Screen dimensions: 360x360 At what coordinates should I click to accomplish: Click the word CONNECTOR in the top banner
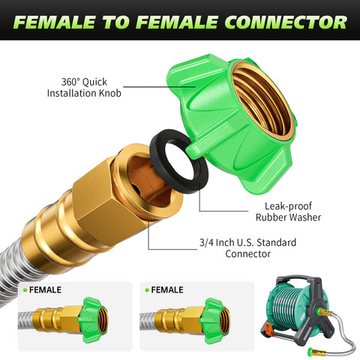(x=286, y=22)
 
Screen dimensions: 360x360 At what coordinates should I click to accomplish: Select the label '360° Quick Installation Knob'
(x=84, y=88)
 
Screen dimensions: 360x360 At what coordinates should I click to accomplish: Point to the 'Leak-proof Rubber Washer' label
(x=288, y=211)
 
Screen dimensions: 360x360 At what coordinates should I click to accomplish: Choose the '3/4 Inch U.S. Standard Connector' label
(x=247, y=248)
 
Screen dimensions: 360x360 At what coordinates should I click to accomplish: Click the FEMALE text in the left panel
(x=45, y=290)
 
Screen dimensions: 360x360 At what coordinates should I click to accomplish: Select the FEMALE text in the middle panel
(x=167, y=290)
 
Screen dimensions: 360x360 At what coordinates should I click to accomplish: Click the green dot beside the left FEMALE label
(x=25, y=290)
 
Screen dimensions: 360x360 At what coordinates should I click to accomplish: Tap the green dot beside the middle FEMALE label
(x=147, y=290)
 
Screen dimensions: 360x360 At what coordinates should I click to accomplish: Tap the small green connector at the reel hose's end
(x=311, y=352)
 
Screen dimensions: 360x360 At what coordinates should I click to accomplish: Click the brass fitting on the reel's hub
(x=325, y=312)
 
